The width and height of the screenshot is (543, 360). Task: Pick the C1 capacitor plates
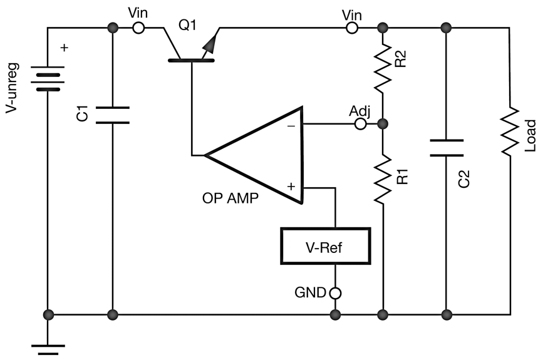click(x=113, y=115)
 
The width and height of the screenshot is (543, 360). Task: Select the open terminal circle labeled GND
click(x=336, y=292)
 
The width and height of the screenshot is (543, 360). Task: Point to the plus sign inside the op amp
click(x=291, y=186)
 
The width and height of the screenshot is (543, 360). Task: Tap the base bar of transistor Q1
click(x=191, y=60)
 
